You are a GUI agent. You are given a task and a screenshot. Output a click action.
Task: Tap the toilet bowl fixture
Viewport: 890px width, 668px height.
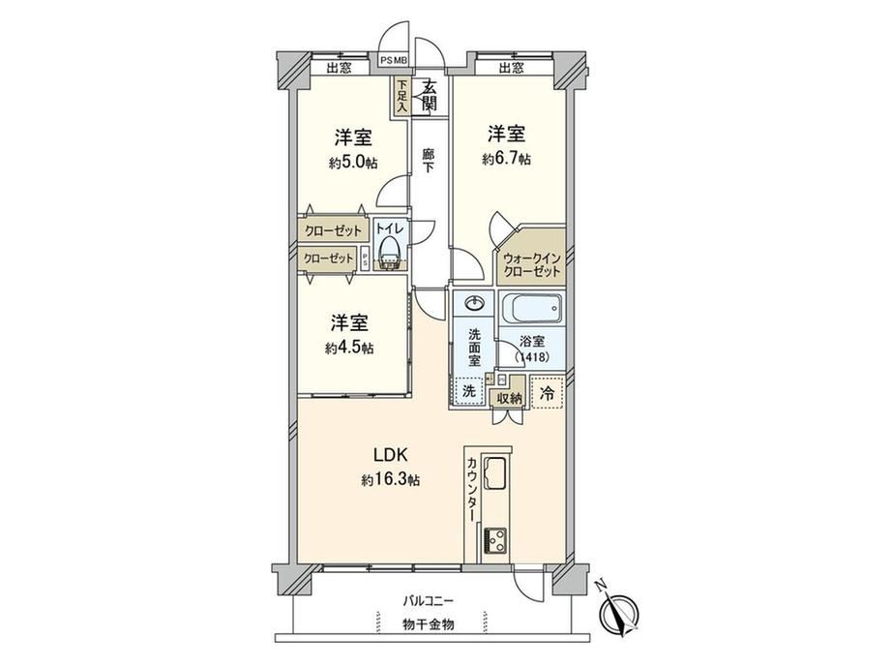tap(389, 252)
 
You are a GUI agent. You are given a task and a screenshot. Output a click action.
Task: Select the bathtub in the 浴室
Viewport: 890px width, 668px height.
tap(531, 309)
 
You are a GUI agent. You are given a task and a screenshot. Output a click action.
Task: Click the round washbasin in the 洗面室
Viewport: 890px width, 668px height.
tap(474, 303)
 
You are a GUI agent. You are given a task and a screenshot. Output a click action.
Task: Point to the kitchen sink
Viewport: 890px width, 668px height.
tap(497, 472)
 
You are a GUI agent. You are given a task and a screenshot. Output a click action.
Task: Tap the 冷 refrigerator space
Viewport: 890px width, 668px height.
tap(548, 392)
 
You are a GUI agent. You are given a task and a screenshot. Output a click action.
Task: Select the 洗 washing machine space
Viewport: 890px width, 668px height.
tap(469, 391)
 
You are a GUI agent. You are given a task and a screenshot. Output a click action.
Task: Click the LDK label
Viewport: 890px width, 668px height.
tap(391, 455)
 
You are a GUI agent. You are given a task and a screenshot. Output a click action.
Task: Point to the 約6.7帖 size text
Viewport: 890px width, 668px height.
tap(506, 160)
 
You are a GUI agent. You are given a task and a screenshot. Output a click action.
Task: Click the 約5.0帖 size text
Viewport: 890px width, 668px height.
tap(353, 163)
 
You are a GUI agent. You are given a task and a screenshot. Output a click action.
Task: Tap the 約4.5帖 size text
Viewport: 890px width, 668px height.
tap(349, 349)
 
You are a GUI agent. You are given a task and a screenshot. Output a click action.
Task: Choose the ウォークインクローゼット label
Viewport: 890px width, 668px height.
tap(532, 265)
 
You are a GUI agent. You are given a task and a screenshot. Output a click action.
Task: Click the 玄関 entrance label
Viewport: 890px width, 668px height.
tap(430, 96)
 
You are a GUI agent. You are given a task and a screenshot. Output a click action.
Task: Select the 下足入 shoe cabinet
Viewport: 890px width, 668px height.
tap(401, 96)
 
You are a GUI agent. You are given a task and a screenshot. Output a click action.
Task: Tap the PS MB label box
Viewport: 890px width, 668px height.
tap(395, 60)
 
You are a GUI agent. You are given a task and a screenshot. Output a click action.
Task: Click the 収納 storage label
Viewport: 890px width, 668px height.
tap(509, 398)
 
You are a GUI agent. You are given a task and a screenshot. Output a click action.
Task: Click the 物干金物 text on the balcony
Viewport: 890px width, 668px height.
tap(429, 624)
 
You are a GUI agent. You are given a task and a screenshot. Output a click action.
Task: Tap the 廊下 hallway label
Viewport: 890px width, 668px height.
tap(428, 160)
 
